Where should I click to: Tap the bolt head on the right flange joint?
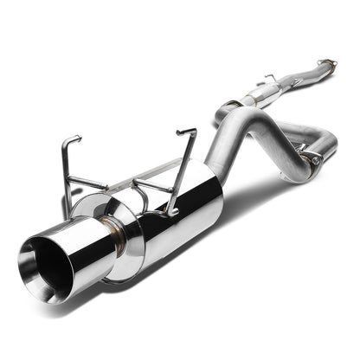click(314, 160)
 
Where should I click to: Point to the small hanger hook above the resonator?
click(270, 78)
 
